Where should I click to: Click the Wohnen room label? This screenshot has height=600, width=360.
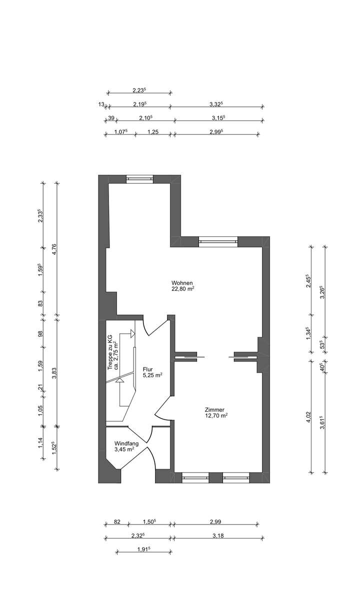(182, 283)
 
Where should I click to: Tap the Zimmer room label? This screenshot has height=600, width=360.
(214, 410)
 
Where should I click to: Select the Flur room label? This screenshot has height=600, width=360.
(147, 369)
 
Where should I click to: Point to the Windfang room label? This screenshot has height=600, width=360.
(126, 443)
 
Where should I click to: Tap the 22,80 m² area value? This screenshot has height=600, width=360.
(183, 289)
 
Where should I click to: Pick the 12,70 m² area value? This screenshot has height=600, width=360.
(216, 416)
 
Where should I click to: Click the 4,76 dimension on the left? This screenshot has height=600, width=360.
(54, 249)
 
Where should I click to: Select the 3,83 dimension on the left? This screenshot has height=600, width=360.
(54, 373)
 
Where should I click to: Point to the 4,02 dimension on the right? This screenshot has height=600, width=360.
(308, 417)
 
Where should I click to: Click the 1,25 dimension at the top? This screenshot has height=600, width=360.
(153, 132)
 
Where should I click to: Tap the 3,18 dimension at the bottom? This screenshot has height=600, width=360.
(218, 536)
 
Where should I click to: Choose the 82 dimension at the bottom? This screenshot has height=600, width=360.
(117, 522)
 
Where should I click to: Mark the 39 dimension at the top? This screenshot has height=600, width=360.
(111, 118)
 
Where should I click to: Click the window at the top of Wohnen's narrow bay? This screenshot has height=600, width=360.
(139, 179)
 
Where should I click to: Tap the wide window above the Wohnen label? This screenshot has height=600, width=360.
(218, 242)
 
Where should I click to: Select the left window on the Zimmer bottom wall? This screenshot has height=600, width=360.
(195, 477)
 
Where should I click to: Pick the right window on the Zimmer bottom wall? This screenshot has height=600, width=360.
(236, 477)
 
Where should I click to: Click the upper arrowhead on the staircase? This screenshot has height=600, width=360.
(132, 334)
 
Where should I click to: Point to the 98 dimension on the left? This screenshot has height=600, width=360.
(40, 334)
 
